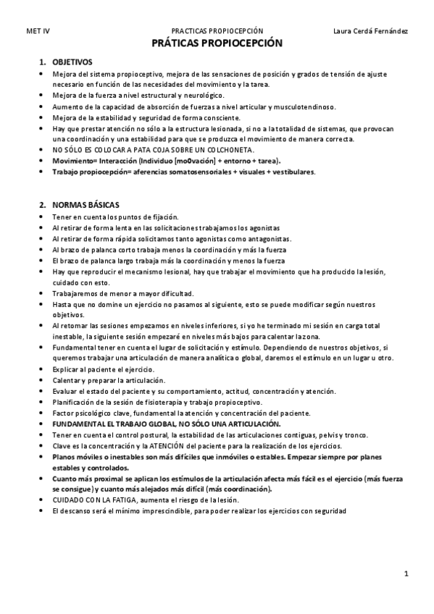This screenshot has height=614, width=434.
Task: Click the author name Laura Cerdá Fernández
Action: click(x=370, y=31)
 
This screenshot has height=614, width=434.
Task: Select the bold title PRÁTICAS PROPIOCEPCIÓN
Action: click(x=217, y=43)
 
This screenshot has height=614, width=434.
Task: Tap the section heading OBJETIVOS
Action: click(x=72, y=62)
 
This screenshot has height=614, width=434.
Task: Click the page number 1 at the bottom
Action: click(x=406, y=574)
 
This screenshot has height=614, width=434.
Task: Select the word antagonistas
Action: click(x=262, y=238)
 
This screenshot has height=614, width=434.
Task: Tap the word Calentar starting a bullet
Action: click(x=66, y=380)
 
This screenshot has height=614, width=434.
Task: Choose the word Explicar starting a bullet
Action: click(x=66, y=369)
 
